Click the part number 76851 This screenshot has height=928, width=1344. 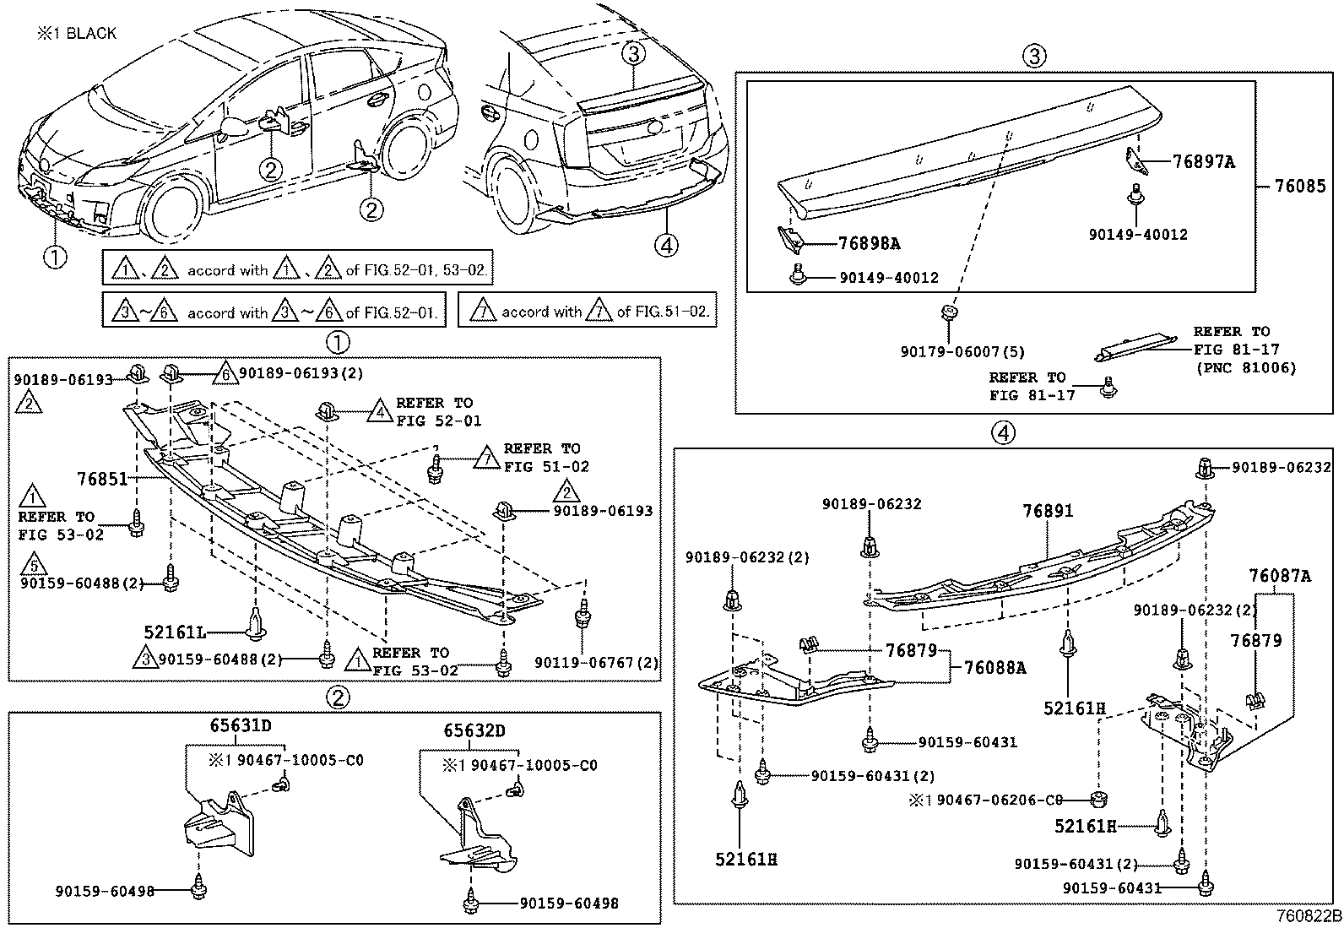click(101, 479)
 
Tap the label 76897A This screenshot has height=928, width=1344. click(1203, 162)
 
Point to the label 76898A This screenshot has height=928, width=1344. click(869, 244)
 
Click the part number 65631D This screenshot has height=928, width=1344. click(241, 724)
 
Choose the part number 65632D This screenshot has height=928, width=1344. click(475, 730)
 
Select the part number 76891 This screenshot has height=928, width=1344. click(1048, 511)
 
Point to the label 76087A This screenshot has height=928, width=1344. click(1280, 577)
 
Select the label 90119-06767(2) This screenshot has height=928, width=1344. click(596, 663)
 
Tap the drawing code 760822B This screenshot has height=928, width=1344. click(1308, 916)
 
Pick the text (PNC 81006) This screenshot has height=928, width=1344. click(1245, 367)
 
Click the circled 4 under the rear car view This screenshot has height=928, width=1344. click(666, 245)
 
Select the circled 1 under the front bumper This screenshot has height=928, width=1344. click(54, 256)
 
